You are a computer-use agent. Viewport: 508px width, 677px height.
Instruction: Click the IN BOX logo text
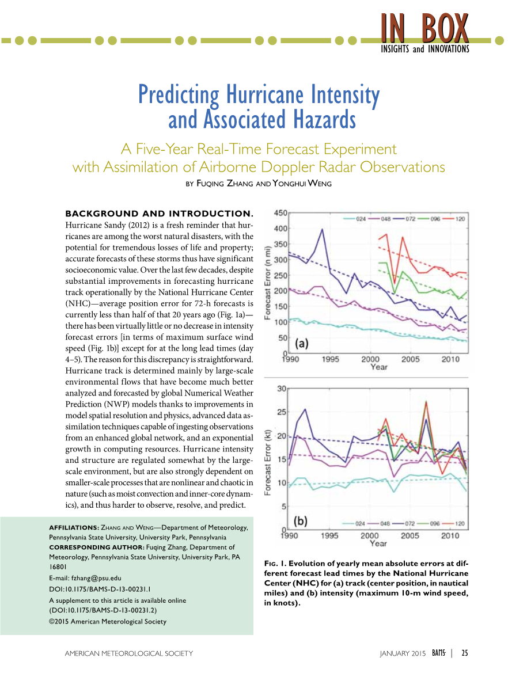425,27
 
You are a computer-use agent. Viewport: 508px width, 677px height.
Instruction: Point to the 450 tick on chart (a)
280,213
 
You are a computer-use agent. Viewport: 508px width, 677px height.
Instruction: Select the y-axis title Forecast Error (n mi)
268,282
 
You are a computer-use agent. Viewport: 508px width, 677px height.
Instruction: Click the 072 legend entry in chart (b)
411,524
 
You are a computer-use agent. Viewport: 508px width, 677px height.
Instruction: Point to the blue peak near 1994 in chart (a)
323,230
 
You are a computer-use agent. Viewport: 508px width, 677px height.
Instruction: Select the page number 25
464,653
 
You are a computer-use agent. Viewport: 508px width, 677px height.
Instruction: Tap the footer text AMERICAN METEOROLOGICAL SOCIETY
129,653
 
